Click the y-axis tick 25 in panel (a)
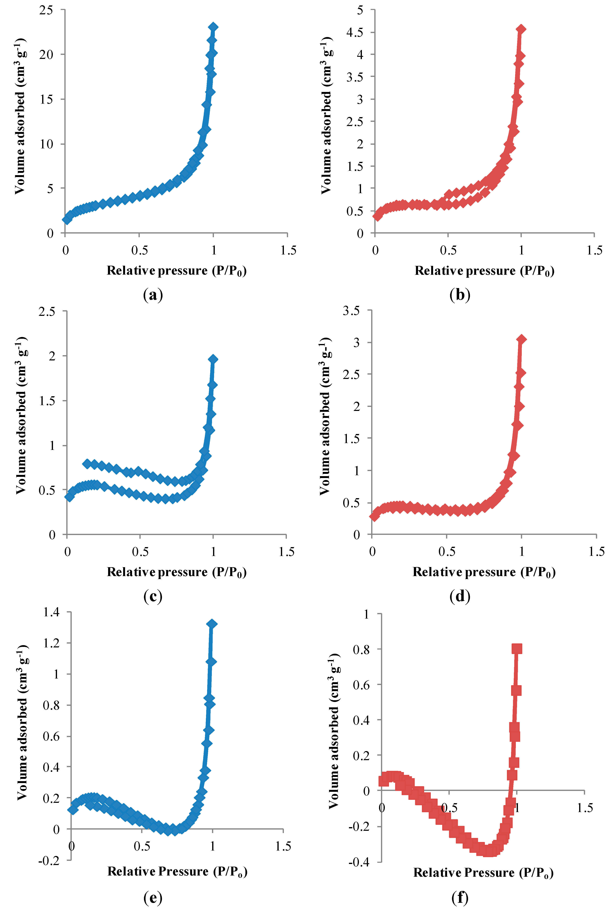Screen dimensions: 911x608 46,10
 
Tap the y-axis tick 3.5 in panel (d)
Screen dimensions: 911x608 351,310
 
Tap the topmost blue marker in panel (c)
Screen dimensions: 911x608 213,359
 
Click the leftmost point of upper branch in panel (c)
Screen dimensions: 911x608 87,463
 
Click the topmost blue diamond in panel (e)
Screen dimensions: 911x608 212,624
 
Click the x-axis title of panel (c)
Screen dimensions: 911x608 177,572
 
